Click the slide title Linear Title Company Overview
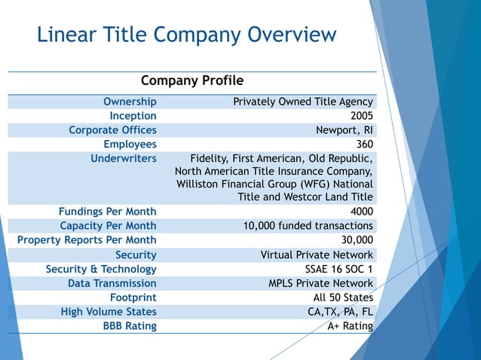tap(186, 35)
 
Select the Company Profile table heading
tap(192, 81)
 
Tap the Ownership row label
tap(130, 102)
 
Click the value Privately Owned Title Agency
tap(302, 102)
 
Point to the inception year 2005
tap(361, 116)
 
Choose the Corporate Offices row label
tap(112, 130)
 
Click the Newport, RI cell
tap(344, 130)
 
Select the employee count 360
tap(364, 145)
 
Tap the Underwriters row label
tap(124, 159)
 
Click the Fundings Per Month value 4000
tap(361, 212)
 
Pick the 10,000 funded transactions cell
tap(308, 226)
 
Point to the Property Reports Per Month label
tap(87, 240)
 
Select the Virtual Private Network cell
tap(317, 255)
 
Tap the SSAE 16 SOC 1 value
tap(335, 269)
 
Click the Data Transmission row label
tap(112, 283)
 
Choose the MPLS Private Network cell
tap(320, 283)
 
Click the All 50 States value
tap(343, 297)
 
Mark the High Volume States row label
tap(109, 312)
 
